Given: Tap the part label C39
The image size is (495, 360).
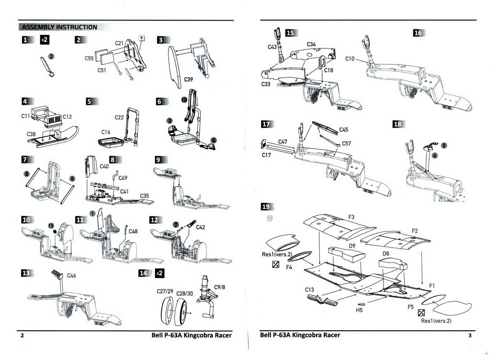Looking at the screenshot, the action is pos(188,79).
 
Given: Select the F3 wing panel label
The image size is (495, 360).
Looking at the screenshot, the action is pos(351,217).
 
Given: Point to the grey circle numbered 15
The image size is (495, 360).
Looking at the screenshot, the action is pos(51,225).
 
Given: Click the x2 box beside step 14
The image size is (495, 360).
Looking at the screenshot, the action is pos(160,273).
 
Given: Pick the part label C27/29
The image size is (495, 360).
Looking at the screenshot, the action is pos(165,291).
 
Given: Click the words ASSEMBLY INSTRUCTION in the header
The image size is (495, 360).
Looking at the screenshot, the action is pos(59,27).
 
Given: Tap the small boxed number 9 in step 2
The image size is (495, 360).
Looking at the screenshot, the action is pos(141,38).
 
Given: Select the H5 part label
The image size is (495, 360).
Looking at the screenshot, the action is pos(359,310).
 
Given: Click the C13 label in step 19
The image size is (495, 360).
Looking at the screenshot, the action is pos(309,290).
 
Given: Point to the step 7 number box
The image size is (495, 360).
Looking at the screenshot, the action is pos(25,159).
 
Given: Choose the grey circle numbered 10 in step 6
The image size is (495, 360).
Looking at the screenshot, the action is pos(184,100).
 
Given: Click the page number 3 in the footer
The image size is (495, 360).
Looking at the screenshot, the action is pos(470,336).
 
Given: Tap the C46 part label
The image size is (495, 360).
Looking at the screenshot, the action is pos(71,275).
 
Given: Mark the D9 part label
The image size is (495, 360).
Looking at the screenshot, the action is pos(352,246).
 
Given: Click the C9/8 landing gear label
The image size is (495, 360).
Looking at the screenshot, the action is pos(219,287).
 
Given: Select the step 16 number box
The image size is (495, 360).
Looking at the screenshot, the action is pos(418,33).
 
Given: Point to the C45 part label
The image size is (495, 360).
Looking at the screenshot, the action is pos(344,130).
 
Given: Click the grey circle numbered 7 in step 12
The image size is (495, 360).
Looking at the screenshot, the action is pos(176,225).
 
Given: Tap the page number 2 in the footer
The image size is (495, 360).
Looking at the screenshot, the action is pos(22,336).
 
